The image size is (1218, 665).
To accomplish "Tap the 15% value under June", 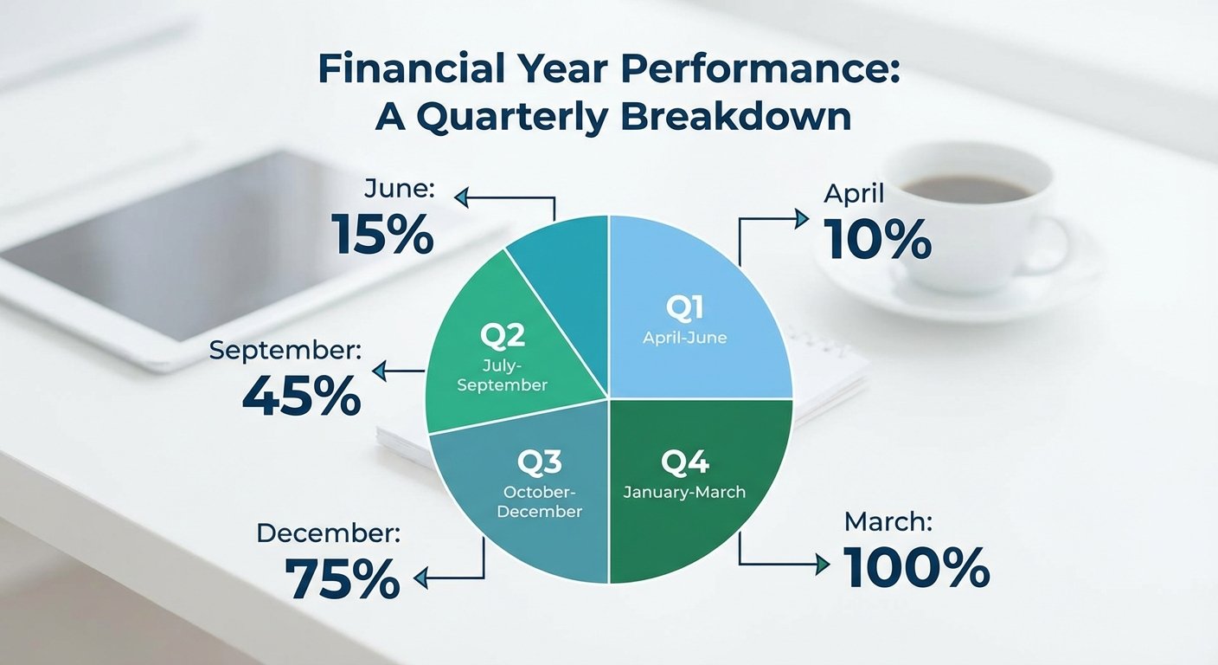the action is tap(382, 234).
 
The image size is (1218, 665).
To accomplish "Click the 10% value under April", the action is tap(878, 239).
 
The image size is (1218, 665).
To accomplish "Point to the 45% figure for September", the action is tap(301, 396).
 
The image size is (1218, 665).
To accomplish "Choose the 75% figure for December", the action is tap(343, 578).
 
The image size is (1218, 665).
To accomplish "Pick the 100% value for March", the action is tap(917, 567).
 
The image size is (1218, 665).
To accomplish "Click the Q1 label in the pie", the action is tap(684, 307).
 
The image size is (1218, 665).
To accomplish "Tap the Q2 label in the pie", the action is tap(503, 335).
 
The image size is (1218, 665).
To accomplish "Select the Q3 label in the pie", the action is tap(539, 462).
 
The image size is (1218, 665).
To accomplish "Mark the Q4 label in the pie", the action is tap(684, 462).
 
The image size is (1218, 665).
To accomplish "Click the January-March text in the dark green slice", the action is tap(684, 492).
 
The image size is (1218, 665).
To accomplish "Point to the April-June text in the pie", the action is tap(684, 338).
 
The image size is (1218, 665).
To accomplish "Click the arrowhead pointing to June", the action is tap(461, 197).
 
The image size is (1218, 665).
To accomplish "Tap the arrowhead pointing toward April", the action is tap(802, 219).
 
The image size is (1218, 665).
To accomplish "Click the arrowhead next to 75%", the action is tap(421, 578).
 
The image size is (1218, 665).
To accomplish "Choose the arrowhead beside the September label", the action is tap(379, 371).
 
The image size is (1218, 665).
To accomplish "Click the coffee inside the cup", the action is tap(967, 188).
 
